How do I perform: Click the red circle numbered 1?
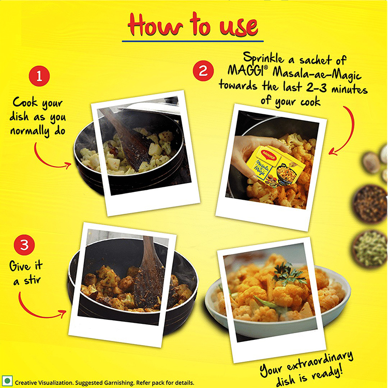coord(39,76)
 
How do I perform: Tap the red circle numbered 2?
coord(203,71)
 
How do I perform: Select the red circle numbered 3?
coord(24,245)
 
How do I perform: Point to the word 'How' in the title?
coord(155,25)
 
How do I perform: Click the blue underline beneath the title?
coord(193,41)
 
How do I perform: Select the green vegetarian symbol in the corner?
coord(7,381)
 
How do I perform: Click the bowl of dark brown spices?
coord(370,204)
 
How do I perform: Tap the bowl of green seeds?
coord(370,249)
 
